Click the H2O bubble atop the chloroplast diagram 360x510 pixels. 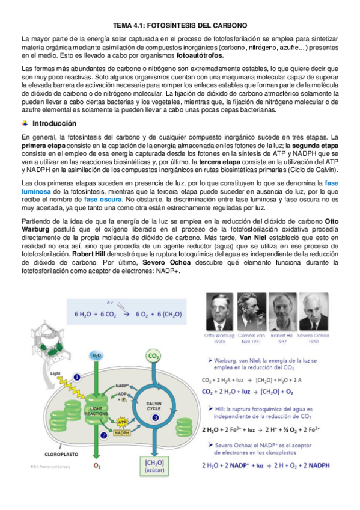[x=96, y=356]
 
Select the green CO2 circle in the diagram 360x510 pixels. [x=154, y=357]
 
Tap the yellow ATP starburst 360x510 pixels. [x=122, y=422]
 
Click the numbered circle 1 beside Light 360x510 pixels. [x=76, y=377]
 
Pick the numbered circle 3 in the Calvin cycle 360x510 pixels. [x=156, y=434]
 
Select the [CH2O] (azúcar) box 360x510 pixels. [x=154, y=465]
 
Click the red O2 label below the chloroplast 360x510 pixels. [x=97, y=465]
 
